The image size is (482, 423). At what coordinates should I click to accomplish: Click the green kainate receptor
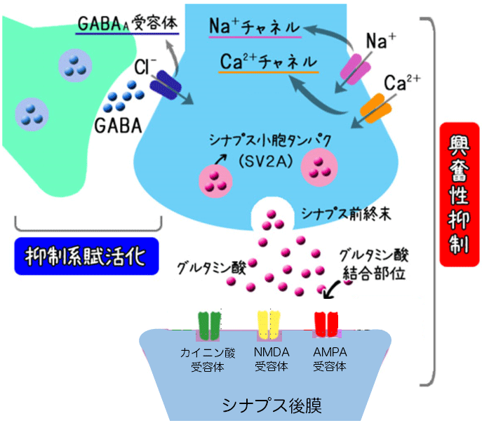coord(210,324)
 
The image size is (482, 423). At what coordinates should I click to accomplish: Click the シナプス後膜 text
coord(263,405)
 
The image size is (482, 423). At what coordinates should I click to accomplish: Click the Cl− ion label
coord(146,66)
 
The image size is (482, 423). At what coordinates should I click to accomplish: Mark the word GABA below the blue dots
coord(116,127)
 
